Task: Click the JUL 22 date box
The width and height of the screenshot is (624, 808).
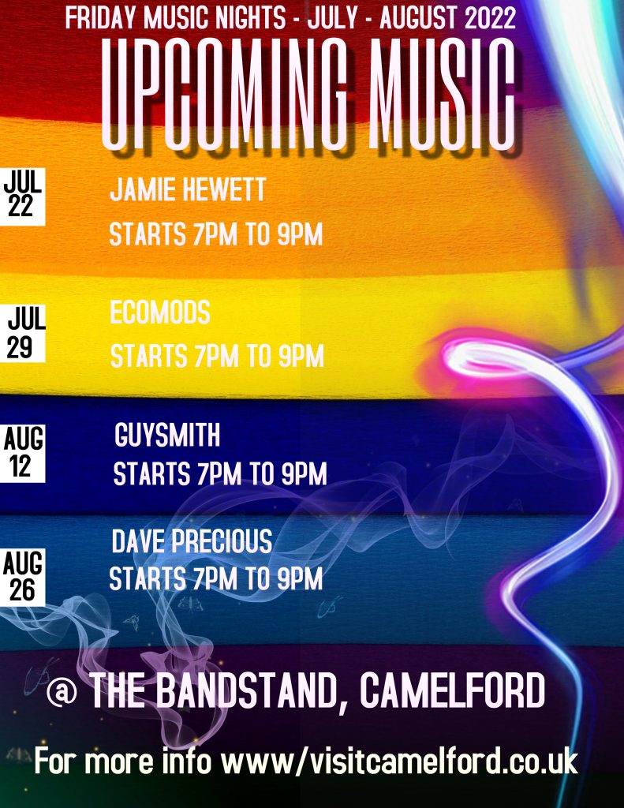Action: (x=22, y=196)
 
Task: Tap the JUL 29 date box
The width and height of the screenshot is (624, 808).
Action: (x=23, y=334)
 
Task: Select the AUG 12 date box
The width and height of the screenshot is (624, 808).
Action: (x=22, y=454)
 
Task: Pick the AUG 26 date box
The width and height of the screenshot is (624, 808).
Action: (x=22, y=577)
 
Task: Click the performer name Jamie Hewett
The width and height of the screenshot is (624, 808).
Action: (x=188, y=189)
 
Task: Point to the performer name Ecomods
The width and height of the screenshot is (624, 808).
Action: (x=159, y=312)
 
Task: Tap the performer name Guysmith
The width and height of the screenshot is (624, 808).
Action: (x=167, y=435)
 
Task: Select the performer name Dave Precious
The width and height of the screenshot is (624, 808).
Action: (x=192, y=541)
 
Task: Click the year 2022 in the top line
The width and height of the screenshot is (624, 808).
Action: (x=490, y=18)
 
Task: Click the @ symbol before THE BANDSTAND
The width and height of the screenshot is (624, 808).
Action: (x=62, y=691)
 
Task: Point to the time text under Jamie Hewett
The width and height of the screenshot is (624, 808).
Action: (x=216, y=234)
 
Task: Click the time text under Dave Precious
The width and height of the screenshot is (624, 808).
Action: (x=216, y=578)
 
